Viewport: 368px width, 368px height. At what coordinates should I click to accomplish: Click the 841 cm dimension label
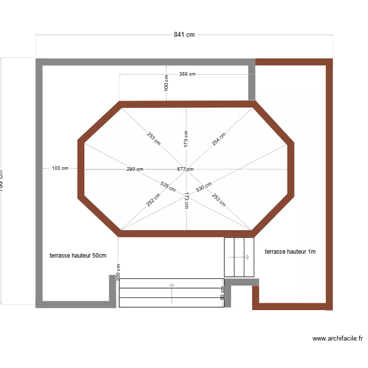(184, 34)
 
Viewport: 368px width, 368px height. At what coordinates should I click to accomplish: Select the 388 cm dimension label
(187, 74)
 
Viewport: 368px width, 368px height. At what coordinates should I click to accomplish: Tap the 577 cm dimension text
(185, 169)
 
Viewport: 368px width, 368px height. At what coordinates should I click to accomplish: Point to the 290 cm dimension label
(135, 169)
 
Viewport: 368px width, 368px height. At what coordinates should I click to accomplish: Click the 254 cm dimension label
(219, 139)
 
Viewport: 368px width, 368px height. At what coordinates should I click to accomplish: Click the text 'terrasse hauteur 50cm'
(78, 256)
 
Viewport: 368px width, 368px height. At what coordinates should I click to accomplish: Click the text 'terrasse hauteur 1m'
(290, 252)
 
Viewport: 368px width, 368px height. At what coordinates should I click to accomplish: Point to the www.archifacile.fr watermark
(337, 339)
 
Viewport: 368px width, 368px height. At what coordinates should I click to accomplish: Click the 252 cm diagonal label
(154, 199)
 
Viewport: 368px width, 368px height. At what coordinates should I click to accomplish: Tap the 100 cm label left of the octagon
(60, 168)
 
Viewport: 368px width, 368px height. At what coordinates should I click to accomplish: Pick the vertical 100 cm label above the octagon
(166, 83)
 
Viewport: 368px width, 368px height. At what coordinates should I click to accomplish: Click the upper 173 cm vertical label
(186, 139)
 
